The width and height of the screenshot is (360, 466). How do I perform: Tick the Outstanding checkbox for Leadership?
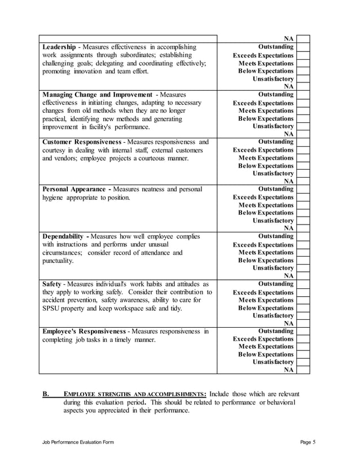point(304,47)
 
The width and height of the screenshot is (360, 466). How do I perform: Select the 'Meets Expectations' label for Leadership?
point(266,64)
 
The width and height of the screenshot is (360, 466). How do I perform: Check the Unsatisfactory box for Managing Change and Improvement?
point(304,126)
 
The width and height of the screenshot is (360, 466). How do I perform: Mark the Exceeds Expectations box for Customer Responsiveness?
point(304,150)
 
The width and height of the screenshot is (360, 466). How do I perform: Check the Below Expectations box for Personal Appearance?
point(304,213)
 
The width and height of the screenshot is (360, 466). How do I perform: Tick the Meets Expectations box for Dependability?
point(304,253)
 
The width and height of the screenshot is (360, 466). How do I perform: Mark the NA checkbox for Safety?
point(304,323)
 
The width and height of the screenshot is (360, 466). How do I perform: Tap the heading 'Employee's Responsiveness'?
point(84,331)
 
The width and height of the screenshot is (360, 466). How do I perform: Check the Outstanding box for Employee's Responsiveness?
point(304,331)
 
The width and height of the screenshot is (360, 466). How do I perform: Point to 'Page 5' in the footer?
point(307,442)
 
